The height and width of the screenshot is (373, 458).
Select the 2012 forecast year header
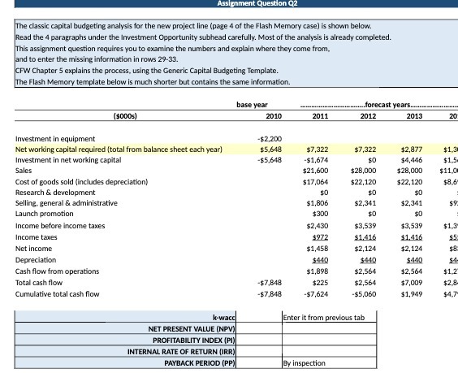click(x=367, y=115)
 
